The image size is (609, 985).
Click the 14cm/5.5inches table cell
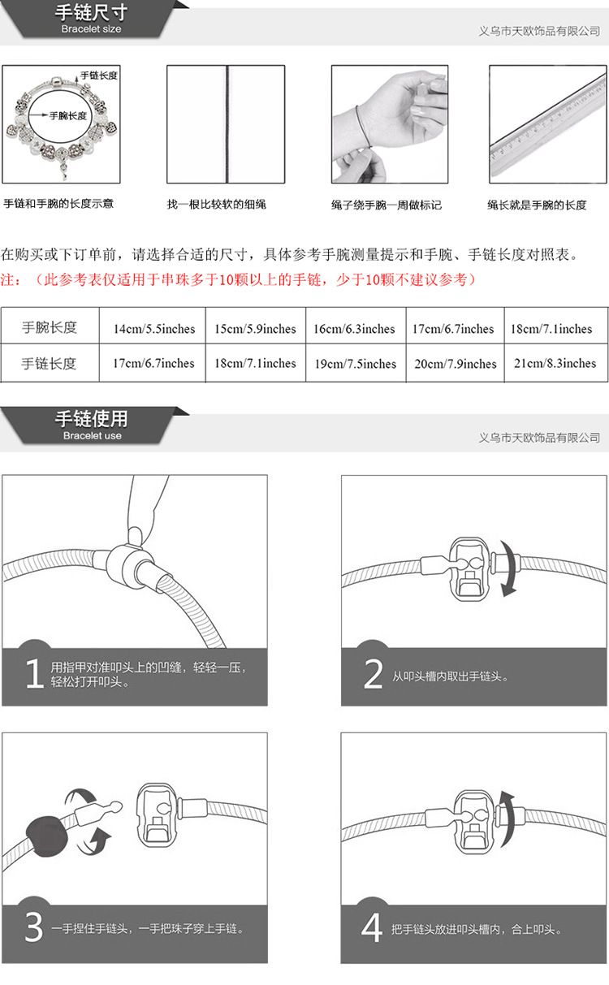tap(154, 329)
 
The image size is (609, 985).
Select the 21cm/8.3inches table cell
tap(555, 363)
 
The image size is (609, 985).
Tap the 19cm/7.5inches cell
tap(355, 364)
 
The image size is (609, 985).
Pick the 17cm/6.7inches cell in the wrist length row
tap(453, 329)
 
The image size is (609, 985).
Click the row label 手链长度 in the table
tap(49, 364)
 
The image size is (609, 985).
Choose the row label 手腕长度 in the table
tap(49, 328)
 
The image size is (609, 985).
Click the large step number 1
tap(33, 674)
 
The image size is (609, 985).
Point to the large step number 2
tap(373, 674)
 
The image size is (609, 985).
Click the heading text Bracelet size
tap(92, 29)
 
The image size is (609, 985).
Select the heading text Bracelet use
tap(92, 435)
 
